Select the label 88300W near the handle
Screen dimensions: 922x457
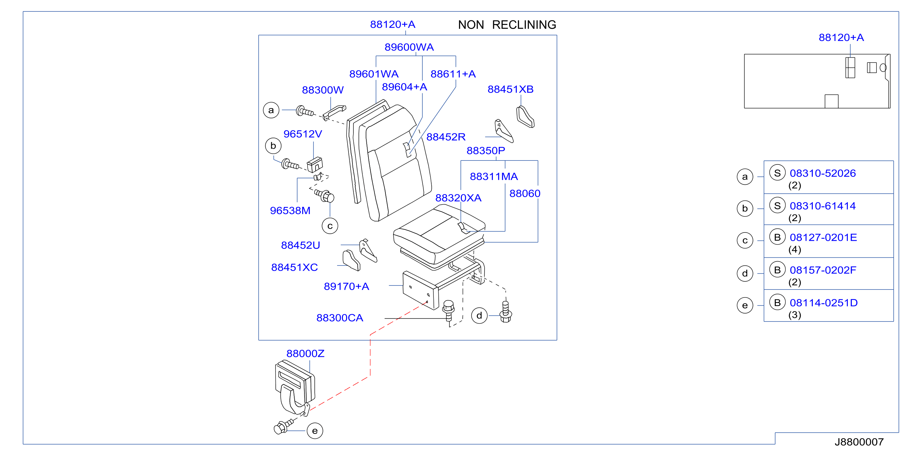(x=323, y=90)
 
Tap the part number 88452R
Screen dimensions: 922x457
(x=446, y=137)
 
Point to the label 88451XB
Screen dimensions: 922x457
(x=510, y=89)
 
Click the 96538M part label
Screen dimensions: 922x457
(x=290, y=210)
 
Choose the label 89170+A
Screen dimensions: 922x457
(x=346, y=286)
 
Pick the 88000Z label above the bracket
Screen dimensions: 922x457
(x=305, y=354)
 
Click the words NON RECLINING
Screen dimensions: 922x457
(x=507, y=25)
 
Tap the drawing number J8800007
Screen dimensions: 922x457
(x=859, y=442)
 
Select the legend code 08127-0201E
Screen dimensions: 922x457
(x=823, y=237)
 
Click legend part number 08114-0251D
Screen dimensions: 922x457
(x=823, y=303)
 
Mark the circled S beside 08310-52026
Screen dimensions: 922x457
(x=777, y=173)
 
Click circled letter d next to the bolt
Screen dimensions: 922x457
(x=479, y=316)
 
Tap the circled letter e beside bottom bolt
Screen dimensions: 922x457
(x=315, y=431)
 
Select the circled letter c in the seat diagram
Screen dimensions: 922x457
(x=330, y=226)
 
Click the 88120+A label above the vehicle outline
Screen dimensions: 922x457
(x=841, y=37)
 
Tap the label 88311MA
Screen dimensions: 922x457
(x=493, y=176)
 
